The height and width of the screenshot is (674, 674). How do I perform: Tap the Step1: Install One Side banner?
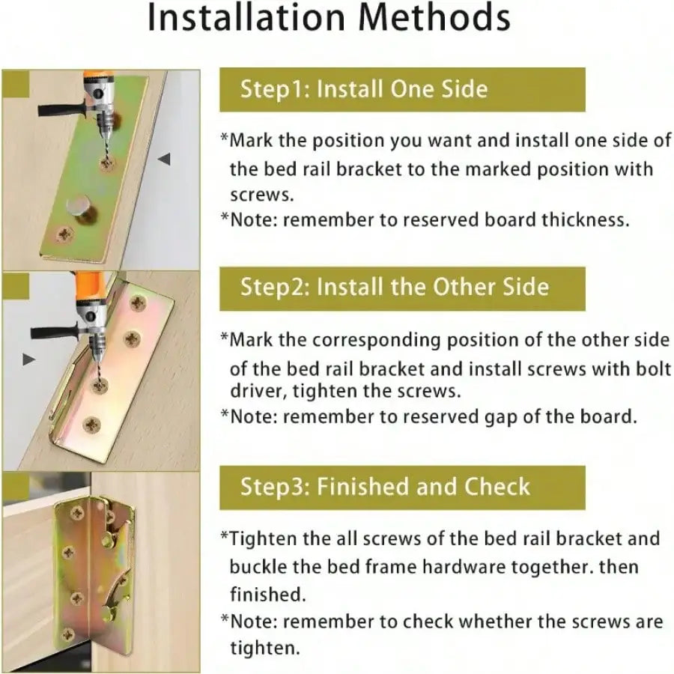[x=402, y=90]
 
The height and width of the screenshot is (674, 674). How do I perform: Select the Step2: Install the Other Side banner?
[x=402, y=287]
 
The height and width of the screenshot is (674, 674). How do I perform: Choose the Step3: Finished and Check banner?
[x=402, y=487]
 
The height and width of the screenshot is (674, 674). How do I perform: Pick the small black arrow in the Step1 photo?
[x=165, y=159]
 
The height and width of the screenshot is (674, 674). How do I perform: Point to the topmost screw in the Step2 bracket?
[x=138, y=303]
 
